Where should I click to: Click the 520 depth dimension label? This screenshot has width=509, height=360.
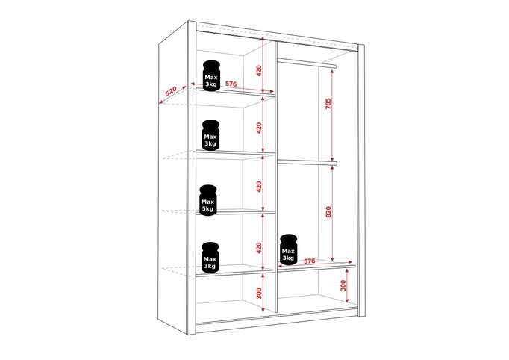(x=171, y=91)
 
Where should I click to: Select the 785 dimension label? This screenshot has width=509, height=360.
(x=328, y=103)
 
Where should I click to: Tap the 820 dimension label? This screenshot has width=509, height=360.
(x=328, y=212)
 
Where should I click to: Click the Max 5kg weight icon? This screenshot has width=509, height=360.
(x=208, y=200)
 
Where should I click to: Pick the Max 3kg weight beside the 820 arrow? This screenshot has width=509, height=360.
(x=288, y=249)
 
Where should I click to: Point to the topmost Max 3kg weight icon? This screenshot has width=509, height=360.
(x=211, y=75)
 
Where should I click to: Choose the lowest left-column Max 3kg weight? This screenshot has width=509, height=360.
(x=210, y=258)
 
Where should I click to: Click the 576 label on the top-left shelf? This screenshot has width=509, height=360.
(x=231, y=84)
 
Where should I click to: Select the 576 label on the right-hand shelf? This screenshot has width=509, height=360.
(x=310, y=261)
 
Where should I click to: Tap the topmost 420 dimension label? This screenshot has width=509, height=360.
(x=259, y=71)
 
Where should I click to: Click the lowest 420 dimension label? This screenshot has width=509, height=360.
(x=259, y=248)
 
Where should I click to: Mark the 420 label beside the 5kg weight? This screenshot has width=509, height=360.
(x=259, y=187)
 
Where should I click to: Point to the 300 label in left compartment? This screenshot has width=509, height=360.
(x=259, y=293)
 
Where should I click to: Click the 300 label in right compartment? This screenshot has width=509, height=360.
(x=343, y=285)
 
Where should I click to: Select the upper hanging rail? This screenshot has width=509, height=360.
(x=307, y=63)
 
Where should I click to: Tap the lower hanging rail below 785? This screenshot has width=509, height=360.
(x=307, y=162)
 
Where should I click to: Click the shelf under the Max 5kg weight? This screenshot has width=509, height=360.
(x=235, y=213)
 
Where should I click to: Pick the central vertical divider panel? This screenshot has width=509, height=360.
(x=276, y=177)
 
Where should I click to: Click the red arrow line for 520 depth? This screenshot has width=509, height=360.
(x=172, y=95)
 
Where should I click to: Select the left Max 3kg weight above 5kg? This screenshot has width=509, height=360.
(x=210, y=135)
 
